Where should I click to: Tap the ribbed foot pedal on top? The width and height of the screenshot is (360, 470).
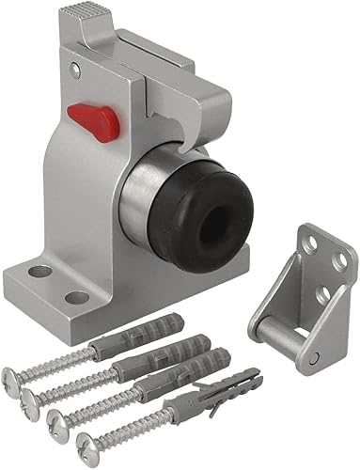81,20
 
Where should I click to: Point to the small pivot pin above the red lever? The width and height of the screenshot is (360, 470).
76,70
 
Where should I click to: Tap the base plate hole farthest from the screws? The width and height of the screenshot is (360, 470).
39,271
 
